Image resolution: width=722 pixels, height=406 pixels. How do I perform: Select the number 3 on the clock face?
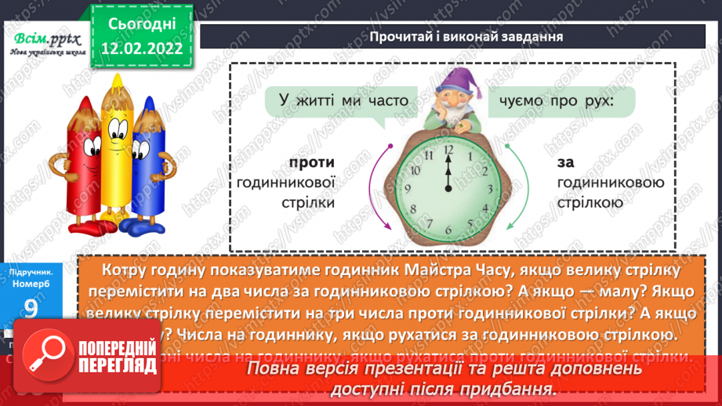[491, 190]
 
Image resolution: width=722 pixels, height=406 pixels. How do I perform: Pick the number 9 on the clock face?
[407, 190]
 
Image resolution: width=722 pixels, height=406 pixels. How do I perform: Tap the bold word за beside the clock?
[566, 163]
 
